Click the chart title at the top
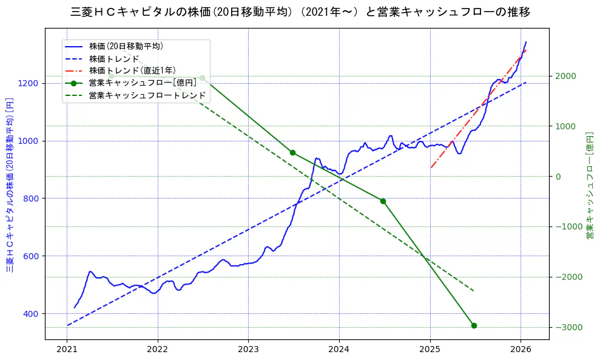[x=300, y=12]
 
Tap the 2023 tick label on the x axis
[x=248, y=350]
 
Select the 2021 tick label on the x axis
[x=67, y=350]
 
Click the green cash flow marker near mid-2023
[x=292, y=152]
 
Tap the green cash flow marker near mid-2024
[x=383, y=201]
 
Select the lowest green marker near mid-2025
[x=474, y=325]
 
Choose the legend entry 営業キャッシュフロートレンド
[x=147, y=96]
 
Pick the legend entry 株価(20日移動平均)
[x=126, y=46]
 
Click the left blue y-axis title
[x=10, y=185]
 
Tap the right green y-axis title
[x=589, y=185]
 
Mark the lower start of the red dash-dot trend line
[x=431, y=168]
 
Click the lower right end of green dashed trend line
[x=474, y=291]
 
